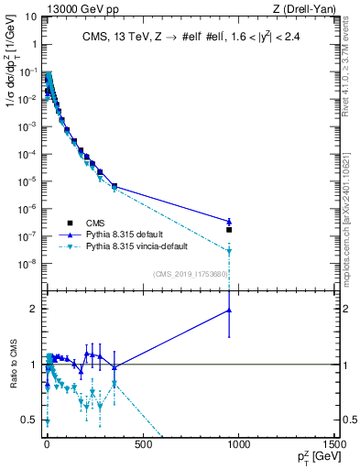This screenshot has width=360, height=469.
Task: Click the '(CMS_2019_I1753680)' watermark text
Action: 191,273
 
